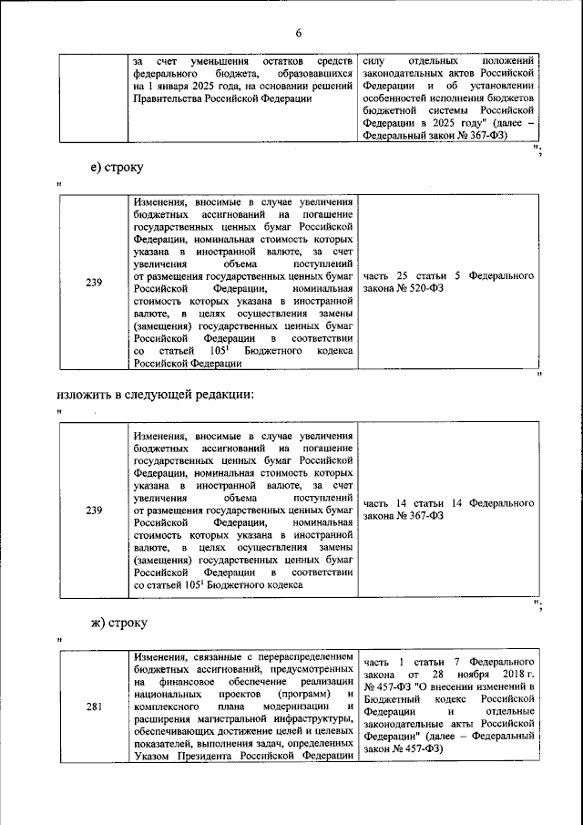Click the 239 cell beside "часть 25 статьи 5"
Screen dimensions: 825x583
point(94,282)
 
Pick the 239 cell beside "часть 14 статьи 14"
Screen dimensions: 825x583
point(94,510)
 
